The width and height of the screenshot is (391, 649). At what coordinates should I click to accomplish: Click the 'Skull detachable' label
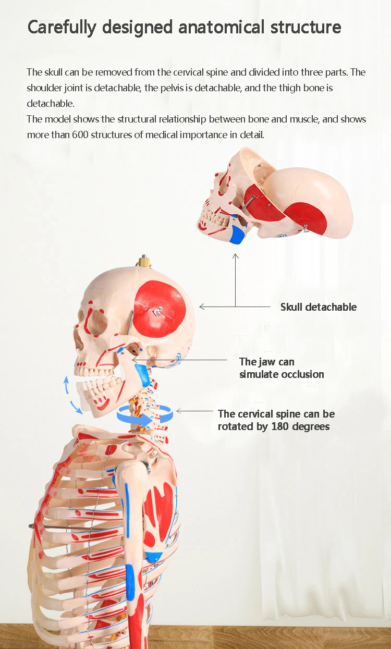click(319, 307)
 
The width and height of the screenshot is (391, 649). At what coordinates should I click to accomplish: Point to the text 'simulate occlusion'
click(282, 374)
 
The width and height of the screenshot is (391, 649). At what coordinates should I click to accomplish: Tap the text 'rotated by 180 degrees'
click(274, 426)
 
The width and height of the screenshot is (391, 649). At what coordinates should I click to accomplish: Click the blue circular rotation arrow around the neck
click(145, 415)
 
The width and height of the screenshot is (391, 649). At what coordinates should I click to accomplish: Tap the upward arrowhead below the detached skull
click(235, 256)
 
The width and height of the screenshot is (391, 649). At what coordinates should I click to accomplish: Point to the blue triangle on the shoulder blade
click(153, 556)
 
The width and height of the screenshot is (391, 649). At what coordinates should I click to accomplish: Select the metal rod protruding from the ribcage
click(57, 528)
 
